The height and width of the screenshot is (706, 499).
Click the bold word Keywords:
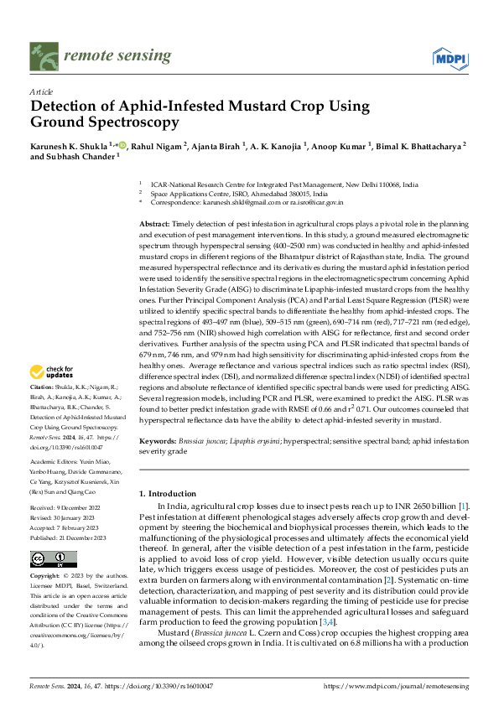click(157, 441)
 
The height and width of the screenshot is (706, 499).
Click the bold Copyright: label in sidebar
click(45, 577)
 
